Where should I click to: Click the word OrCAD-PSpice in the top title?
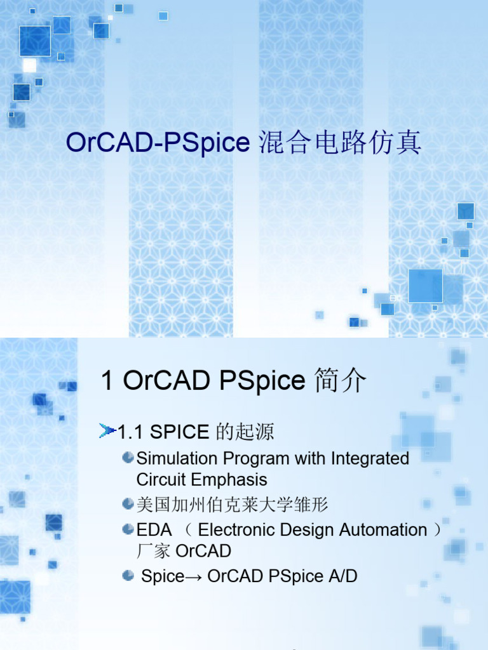tap(158, 143)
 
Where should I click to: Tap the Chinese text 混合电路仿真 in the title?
tap(340, 143)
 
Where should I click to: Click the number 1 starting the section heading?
tap(108, 381)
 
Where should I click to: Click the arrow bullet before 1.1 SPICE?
tap(107, 432)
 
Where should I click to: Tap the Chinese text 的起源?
tap(245, 433)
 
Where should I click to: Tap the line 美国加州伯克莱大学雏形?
tap(233, 505)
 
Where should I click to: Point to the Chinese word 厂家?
tap(153, 551)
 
